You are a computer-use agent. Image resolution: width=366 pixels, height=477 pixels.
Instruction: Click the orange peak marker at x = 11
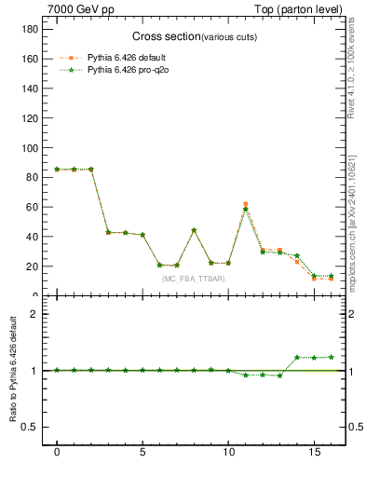click(246, 203)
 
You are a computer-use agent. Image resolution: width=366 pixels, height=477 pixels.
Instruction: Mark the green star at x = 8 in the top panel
click(194, 230)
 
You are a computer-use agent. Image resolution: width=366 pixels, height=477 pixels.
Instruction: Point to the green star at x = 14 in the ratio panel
click(297, 357)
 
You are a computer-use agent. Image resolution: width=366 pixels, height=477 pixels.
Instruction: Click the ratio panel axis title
click(14, 371)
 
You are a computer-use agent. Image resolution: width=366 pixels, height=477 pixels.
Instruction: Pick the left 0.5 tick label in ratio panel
click(28, 427)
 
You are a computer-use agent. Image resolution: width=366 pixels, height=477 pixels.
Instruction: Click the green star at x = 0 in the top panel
click(57, 170)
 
